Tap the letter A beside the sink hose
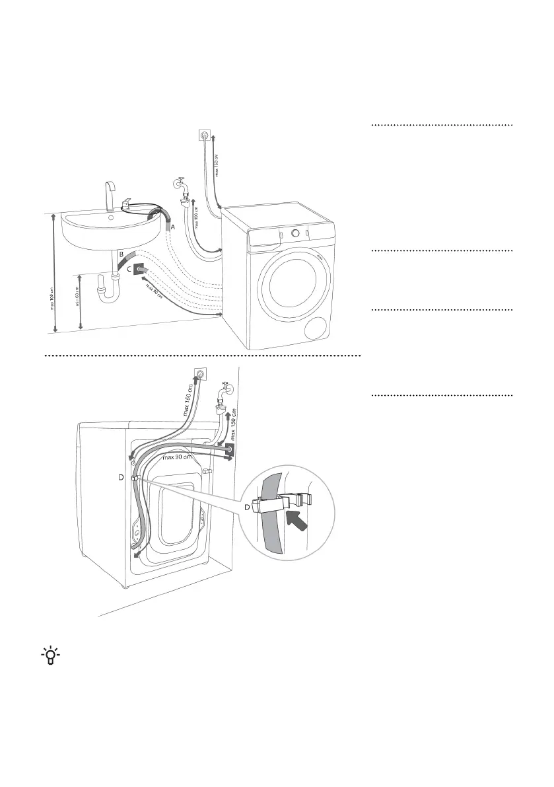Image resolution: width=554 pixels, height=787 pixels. tap(174, 226)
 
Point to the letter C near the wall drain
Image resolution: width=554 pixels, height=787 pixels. tap(129, 269)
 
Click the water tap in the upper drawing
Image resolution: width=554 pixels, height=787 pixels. tap(183, 187)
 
